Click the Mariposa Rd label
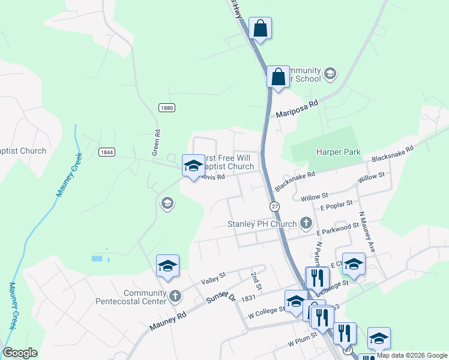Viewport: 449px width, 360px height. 297,109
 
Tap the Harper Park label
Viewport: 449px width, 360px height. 339,152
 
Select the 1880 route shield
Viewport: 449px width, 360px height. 167,107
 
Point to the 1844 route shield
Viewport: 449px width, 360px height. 107,152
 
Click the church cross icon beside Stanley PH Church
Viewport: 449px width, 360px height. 306,224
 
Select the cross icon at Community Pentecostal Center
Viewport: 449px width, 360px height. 175,295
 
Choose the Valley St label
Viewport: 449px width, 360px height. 213,277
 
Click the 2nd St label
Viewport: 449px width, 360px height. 256,281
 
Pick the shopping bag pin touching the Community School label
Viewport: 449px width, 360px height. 278,77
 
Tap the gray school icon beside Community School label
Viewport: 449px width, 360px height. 330,74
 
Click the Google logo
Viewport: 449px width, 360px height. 20,353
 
